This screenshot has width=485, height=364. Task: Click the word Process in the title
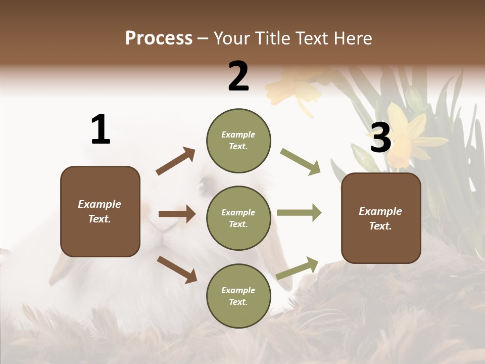159,38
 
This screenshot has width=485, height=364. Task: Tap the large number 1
101,130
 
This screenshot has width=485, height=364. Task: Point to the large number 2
238,76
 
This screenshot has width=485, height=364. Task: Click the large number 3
380,138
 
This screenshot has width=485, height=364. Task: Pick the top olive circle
238,141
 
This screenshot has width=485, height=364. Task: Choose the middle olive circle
238,218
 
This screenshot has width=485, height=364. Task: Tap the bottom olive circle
238,296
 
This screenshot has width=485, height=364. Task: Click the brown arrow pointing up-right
176,161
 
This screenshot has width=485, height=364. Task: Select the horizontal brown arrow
177,214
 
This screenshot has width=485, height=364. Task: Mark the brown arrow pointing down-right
177,269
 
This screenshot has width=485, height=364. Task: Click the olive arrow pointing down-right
301,162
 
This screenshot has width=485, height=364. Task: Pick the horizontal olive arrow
299,212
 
